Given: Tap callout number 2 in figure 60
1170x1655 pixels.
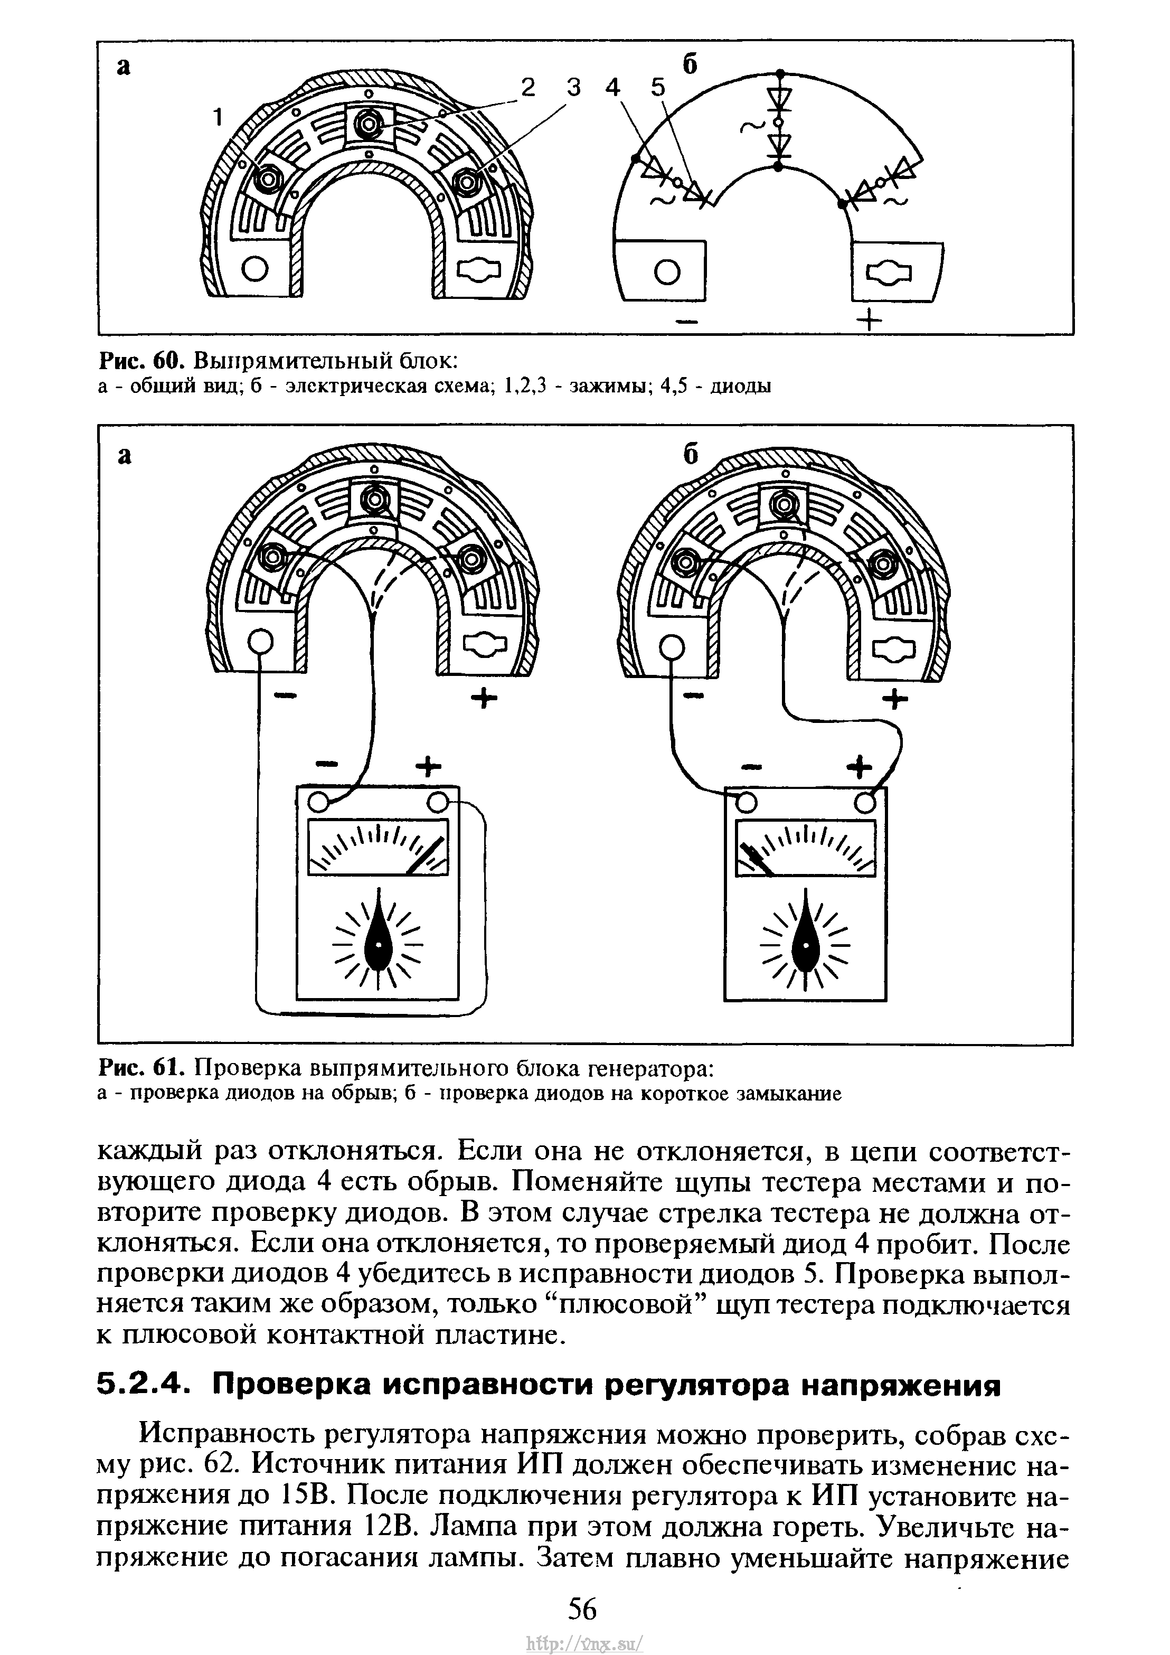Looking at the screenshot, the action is (x=529, y=88).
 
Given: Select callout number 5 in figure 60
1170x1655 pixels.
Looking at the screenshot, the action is (x=659, y=88).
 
